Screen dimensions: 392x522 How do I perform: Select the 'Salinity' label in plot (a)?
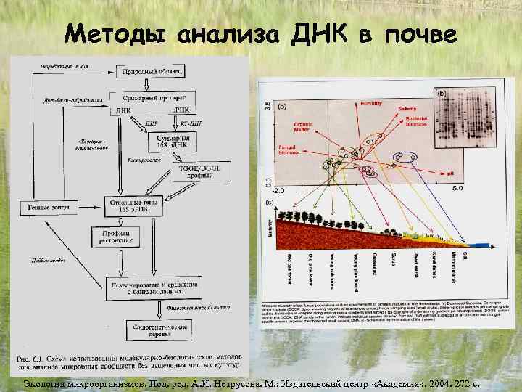tap(406, 109)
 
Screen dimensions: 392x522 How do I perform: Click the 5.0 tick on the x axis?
tap(457, 189)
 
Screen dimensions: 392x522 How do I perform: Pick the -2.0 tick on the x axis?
tap(278, 189)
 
